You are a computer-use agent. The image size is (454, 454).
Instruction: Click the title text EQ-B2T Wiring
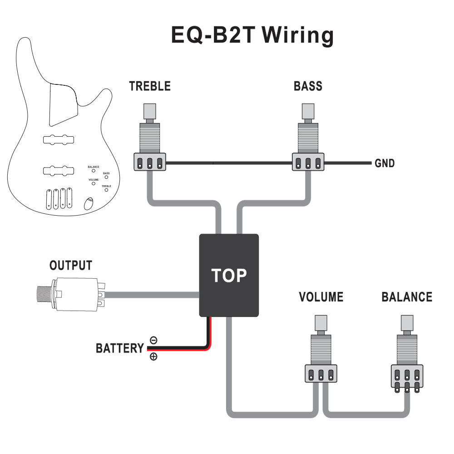[252, 35]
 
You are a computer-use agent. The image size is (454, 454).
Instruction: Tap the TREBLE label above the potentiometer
[150, 86]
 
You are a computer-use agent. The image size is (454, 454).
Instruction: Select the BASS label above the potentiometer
[308, 86]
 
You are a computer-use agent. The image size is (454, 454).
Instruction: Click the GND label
[384, 163]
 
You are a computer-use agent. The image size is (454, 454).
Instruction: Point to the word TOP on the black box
[229, 275]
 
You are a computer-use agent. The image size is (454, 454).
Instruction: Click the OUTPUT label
[71, 266]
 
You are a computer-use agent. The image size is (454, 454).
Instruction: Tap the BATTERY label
[119, 349]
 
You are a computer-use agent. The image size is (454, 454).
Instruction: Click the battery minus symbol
[153, 340]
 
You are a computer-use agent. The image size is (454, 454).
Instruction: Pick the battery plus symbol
[153, 356]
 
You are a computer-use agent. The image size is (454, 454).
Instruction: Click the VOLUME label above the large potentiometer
[321, 297]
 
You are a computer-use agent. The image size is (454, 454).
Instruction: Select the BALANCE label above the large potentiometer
[407, 297]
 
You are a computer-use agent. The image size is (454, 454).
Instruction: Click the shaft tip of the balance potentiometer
[407, 323]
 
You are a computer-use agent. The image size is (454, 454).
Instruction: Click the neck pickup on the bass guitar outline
[58, 139]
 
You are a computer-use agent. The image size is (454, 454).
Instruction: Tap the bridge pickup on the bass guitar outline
[58, 171]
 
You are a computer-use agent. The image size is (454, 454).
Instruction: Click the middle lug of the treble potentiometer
[150, 163]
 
